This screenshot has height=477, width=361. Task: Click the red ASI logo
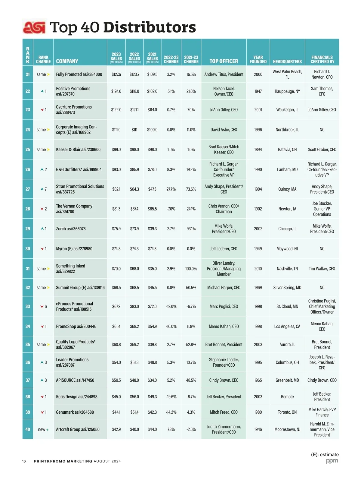34,27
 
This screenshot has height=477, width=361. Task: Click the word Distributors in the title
150,27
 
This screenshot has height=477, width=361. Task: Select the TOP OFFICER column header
224,61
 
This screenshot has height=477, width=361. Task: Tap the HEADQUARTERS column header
287,62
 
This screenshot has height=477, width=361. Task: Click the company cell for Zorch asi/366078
71,229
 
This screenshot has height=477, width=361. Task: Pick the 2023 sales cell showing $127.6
116,74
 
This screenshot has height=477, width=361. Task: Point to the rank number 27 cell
28,189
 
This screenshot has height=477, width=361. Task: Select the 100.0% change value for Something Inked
191,269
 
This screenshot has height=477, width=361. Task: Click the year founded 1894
258,150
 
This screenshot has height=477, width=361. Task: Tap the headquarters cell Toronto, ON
287,412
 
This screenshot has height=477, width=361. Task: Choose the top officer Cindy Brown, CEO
224,380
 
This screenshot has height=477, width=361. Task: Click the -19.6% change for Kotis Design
171,397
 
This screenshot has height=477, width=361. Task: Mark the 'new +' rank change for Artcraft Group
43,429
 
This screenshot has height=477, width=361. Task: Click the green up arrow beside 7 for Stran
42,189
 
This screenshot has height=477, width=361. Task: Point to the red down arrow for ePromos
42,307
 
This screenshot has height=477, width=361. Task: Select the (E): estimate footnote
325,454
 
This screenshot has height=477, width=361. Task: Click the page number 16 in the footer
24,461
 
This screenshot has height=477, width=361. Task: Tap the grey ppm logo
332,461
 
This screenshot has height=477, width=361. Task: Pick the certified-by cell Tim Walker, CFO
322,269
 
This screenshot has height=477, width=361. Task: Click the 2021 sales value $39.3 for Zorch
152,229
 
